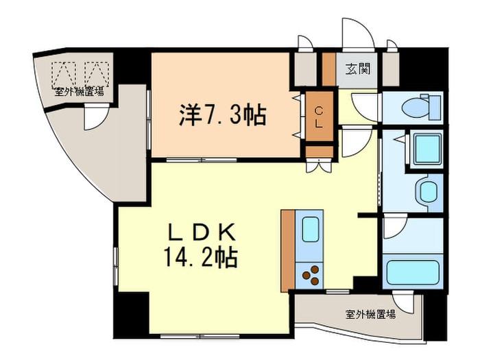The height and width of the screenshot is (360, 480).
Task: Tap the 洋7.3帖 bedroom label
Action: click(222, 115)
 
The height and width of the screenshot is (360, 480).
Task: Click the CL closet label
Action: click(319, 117)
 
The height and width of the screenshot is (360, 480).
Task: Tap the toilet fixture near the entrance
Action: click(418, 106)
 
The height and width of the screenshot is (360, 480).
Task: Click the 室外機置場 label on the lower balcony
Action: click(370, 315)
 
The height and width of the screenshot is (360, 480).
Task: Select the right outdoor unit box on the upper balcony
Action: click(97, 72)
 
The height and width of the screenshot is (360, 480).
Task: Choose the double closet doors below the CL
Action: click(319, 164)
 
